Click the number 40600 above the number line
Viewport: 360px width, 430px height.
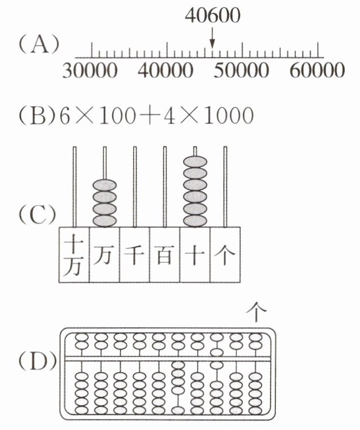point(212,16)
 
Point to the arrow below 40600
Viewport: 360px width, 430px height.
point(212,40)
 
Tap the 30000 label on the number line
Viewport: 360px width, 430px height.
point(90,71)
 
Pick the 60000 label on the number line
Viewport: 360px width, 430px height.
point(318,71)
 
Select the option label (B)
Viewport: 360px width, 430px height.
point(37,116)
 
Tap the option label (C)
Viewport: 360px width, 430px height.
point(38,214)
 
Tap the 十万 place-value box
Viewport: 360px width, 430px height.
point(74,255)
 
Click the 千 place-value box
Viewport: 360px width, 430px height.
point(134,255)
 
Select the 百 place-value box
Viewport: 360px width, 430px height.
point(165,255)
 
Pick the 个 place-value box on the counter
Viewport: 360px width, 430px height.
point(225,255)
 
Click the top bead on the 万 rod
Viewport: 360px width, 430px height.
point(104,184)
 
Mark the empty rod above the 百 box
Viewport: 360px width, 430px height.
point(165,185)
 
